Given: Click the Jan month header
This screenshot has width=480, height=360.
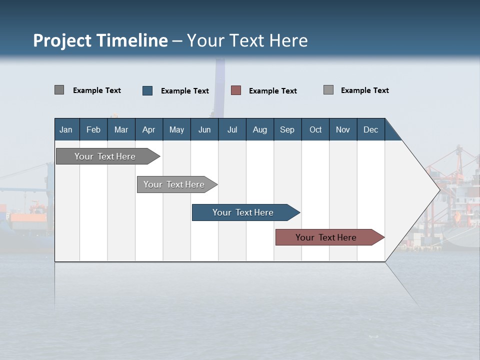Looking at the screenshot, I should [66, 129].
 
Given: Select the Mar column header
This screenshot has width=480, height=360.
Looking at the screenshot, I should [121, 129].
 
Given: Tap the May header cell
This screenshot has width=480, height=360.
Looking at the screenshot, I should [176, 129].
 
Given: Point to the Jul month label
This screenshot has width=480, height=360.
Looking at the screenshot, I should [232, 129].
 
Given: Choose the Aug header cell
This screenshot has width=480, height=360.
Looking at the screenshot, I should [259, 129].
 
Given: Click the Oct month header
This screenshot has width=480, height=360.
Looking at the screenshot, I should [315, 129].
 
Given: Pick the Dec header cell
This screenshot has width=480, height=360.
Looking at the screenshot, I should [370, 129].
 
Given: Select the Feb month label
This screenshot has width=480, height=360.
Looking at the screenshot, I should [93, 129].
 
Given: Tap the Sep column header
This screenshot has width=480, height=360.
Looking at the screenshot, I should [287, 129].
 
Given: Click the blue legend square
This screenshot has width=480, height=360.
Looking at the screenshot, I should [147, 90].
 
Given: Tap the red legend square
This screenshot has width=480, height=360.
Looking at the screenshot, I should [236, 90].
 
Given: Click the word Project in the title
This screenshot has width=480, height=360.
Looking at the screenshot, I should [62, 40].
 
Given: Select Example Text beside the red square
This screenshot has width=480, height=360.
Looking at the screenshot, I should [272, 91].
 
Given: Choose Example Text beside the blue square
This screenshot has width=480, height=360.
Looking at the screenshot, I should [184, 91].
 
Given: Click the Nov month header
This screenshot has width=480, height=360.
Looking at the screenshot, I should [343, 129].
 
